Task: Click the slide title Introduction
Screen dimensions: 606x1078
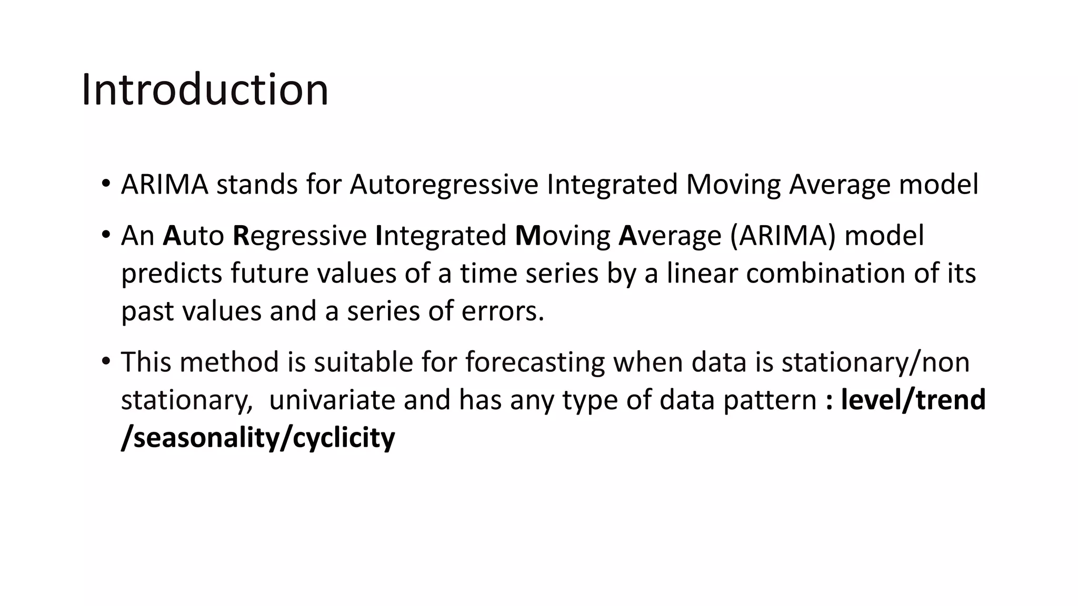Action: click(x=205, y=89)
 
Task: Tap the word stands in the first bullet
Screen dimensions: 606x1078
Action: click(x=257, y=185)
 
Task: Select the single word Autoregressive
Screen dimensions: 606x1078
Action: click(x=444, y=185)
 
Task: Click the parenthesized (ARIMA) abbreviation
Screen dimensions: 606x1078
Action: click(x=783, y=235)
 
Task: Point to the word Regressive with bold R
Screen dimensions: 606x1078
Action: click(x=300, y=235)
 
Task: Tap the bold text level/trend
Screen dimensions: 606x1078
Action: click(x=913, y=400)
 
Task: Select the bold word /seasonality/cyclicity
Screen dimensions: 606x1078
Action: click(x=258, y=438)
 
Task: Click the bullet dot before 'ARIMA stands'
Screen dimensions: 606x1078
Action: click(x=106, y=184)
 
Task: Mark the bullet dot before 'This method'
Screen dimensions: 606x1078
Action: click(x=106, y=361)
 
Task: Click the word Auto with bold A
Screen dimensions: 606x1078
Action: click(x=193, y=235)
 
